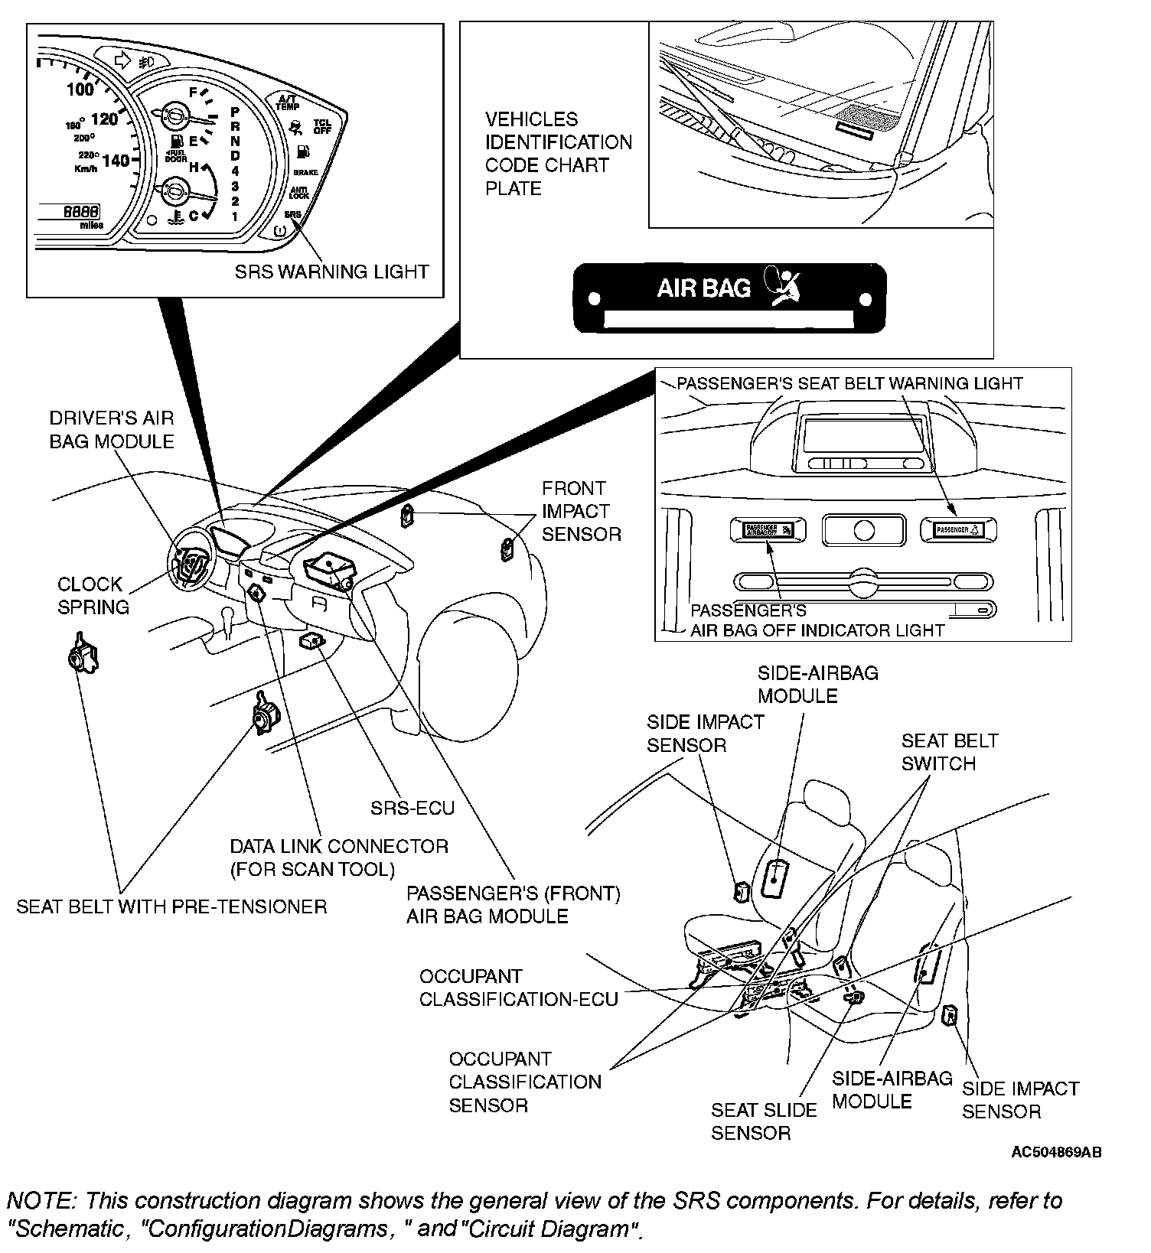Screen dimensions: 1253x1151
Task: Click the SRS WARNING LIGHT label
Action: click(331, 272)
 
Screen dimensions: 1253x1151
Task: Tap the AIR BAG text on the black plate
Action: click(703, 288)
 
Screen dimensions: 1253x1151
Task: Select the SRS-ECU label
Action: click(412, 808)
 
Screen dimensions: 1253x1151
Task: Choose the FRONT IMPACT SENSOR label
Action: click(581, 511)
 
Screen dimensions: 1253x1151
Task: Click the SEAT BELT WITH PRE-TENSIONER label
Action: click(171, 906)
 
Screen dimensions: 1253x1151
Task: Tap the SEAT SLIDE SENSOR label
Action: click(763, 1121)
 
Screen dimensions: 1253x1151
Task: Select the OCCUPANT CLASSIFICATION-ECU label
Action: click(518, 988)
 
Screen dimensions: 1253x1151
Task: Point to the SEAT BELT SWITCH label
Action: click(949, 752)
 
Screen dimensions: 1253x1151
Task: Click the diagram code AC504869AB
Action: click(1056, 1152)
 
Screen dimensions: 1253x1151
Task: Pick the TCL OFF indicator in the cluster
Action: click(322, 126)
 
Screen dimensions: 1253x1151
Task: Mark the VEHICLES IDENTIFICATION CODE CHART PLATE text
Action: click(559, 154)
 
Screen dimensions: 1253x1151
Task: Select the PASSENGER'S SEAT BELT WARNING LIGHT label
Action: click(849, 383)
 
